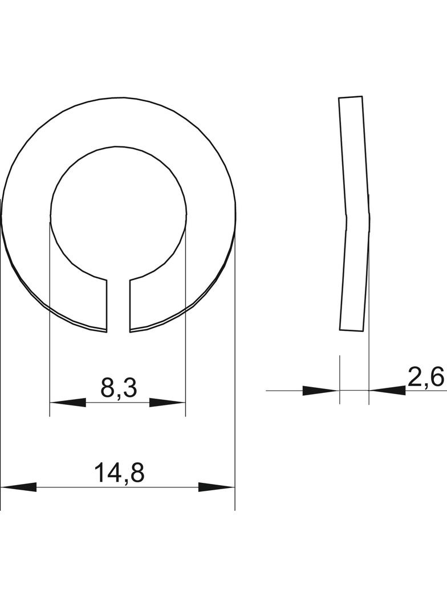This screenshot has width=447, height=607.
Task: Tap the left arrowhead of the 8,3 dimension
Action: pos(68,403)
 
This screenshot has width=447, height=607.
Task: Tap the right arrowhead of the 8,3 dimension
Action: pos(168,403)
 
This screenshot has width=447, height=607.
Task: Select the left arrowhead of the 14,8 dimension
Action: pos(19,487)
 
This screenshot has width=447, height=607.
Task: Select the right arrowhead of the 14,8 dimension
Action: pos(217,487)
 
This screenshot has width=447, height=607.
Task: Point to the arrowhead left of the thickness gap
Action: pos(320,391)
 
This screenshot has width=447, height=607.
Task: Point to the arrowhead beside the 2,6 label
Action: pos(387,391)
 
